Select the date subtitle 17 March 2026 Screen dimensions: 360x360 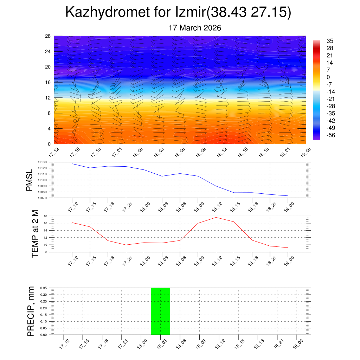[195, 28]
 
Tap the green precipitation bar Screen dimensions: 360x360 [160, 311]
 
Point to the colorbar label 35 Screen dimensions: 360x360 [330, 41]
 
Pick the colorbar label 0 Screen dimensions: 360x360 [328, 77]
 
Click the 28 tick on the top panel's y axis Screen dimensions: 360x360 [48, 36]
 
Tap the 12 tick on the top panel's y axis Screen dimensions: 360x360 [48, 98]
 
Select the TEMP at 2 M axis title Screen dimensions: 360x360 [35, 233]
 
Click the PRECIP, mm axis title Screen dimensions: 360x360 [31, 311]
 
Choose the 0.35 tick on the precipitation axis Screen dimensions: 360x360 [44, 288]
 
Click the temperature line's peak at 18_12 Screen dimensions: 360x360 [216, 217]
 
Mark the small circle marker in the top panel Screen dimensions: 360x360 [75, 121]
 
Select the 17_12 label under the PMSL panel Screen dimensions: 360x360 [73, 207]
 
